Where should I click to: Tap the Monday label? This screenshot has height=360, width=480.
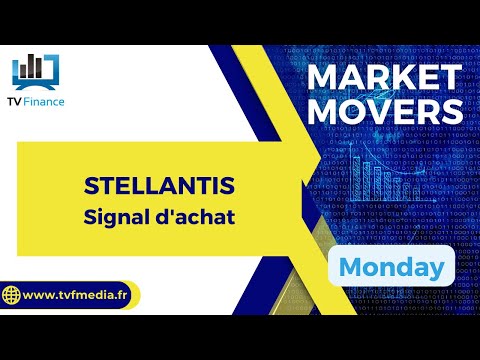click(391, 267)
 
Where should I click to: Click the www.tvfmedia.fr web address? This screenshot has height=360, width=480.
click(80, 295)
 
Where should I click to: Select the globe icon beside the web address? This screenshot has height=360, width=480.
click(13, 295)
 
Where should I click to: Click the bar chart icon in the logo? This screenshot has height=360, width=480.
click(35, 68)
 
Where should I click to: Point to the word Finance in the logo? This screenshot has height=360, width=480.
click(51, 102)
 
